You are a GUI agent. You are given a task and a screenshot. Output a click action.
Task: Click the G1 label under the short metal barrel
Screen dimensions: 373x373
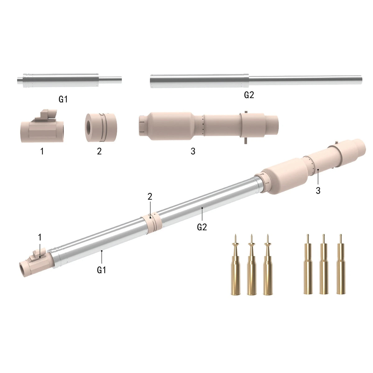tap(63, 99)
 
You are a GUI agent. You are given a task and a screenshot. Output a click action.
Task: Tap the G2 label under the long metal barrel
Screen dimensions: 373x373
tap(249, 95)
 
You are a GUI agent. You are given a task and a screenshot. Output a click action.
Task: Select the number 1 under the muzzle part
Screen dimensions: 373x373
tap(42, 151)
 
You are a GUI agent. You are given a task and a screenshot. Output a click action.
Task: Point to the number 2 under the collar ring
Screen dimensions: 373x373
tap(99, 151)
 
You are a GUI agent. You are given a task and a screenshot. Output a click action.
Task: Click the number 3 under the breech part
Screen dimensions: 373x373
tap(193, 151)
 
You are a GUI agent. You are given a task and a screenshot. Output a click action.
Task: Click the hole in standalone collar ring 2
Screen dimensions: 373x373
tap(89, 128)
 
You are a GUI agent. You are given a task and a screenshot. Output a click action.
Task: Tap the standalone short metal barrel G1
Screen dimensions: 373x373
tap(69, 80)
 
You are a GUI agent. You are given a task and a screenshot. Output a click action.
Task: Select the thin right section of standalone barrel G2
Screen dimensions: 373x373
tap(305, 80)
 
